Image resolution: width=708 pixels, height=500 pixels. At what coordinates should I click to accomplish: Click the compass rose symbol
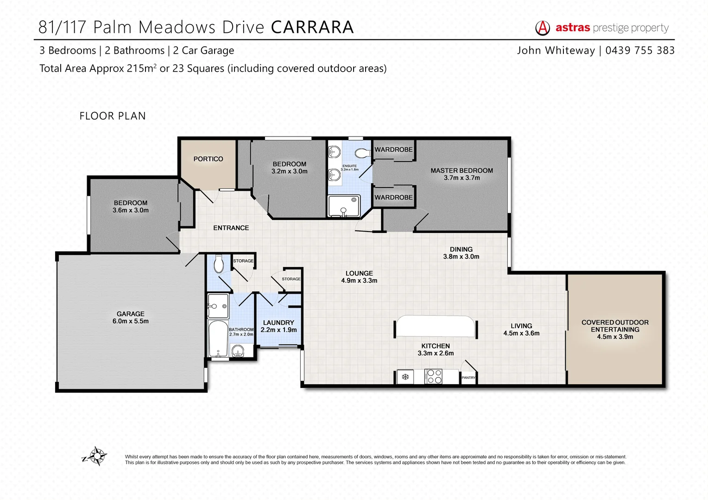click(x=97, y=456)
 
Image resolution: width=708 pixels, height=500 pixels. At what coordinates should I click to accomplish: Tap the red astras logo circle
click(x=543, y=28)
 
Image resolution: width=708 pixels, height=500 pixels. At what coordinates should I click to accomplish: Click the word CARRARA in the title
click(x=312, y=27)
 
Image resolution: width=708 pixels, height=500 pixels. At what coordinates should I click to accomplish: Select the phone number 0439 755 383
click(x=640, y=50)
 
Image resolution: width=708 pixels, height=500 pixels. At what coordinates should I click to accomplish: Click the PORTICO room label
click(x=208, y=159)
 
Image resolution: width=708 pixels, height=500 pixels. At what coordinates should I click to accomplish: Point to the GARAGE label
click(x=130, y=314)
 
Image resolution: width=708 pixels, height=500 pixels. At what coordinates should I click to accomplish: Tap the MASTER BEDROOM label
click(x=461, y=170)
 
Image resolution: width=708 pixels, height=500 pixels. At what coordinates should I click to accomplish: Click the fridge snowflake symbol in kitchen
click(x=405, y=377)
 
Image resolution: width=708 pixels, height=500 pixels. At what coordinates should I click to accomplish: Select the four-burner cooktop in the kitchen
click(x=434, y=376)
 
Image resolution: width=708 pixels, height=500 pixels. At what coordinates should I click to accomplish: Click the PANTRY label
click(x=468, y=378)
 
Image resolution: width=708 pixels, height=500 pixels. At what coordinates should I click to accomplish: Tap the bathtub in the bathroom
click(x=217, y=338)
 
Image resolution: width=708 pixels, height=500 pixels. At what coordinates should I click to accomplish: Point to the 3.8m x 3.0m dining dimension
click(x=461, y=256)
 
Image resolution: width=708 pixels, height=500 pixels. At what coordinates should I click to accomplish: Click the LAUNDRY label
click(x=278, y=323)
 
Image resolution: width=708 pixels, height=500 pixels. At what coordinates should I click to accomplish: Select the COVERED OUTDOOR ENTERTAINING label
click(x=615, y=326)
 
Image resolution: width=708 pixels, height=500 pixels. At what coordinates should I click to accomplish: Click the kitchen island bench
click(x=435, y=326)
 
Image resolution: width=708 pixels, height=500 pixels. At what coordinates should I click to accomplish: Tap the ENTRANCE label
click(x=231, y=228)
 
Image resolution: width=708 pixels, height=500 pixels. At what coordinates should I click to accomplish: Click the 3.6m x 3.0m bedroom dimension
click(x=131, y=210)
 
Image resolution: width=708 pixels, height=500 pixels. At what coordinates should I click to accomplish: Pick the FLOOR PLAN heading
click(x=113, y=116)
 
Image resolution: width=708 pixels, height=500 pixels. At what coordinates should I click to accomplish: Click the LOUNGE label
click(x=359, y=273)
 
